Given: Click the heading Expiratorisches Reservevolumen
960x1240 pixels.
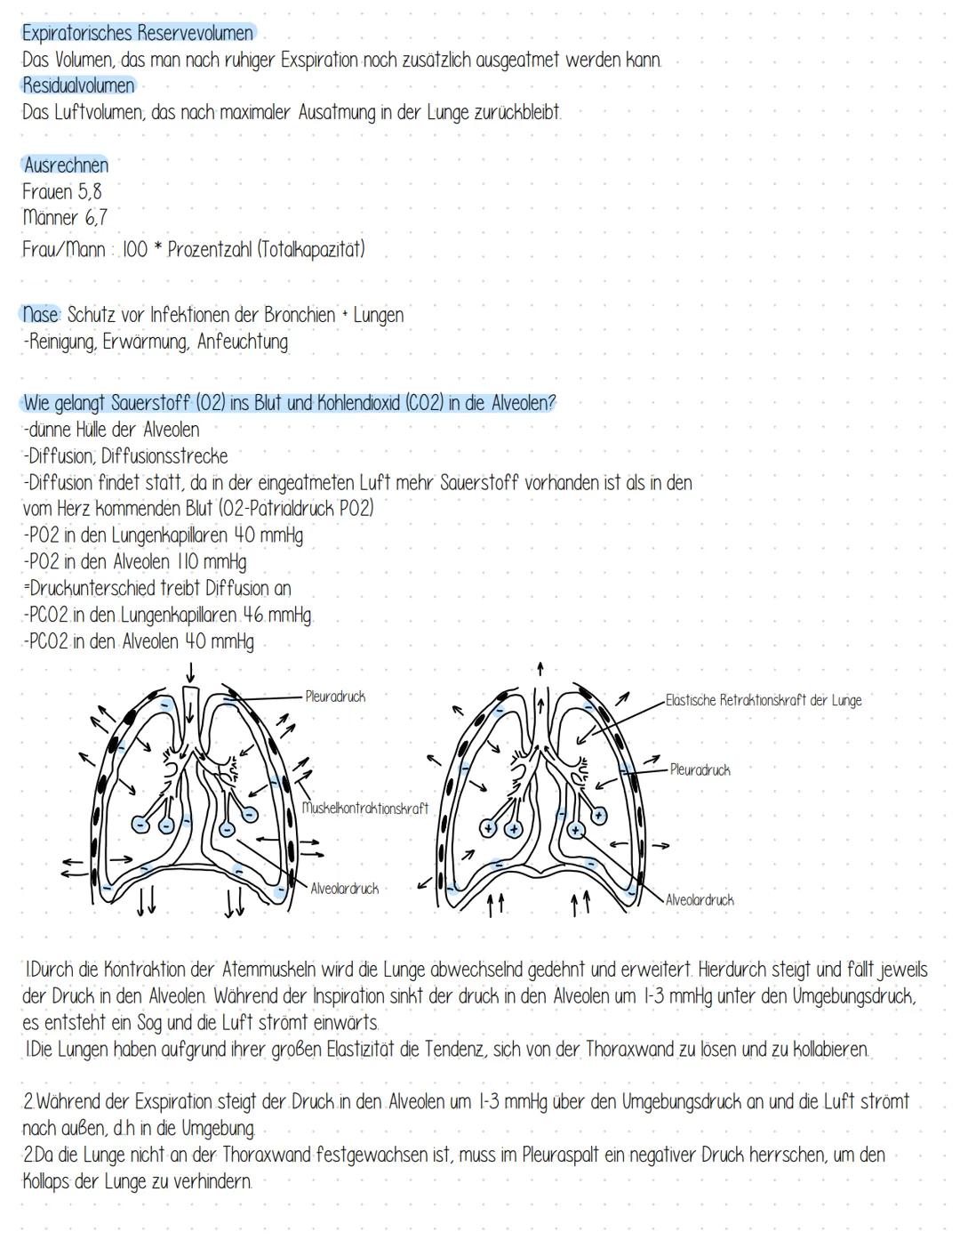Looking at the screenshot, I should [x=138, y=34].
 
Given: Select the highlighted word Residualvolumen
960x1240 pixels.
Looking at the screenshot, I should [x=78, y=86].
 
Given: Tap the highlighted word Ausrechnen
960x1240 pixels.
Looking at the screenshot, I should [x=66, y=165].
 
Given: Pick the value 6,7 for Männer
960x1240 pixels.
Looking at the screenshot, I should [x=96, y=217].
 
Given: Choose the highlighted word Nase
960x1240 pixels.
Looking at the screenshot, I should [x=41, y=315].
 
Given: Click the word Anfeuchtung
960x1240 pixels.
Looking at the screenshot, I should [x=242, y=342].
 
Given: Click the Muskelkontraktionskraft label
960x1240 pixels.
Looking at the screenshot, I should [x=364, y=809].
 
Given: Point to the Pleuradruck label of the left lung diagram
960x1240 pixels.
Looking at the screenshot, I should [x=335, y=696].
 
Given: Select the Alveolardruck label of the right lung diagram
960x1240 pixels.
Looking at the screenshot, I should [x=700, y=900].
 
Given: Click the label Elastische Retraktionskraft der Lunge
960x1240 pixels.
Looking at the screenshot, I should [x=764, y=700].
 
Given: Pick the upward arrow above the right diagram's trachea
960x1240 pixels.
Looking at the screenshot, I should [x=540, y=668].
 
